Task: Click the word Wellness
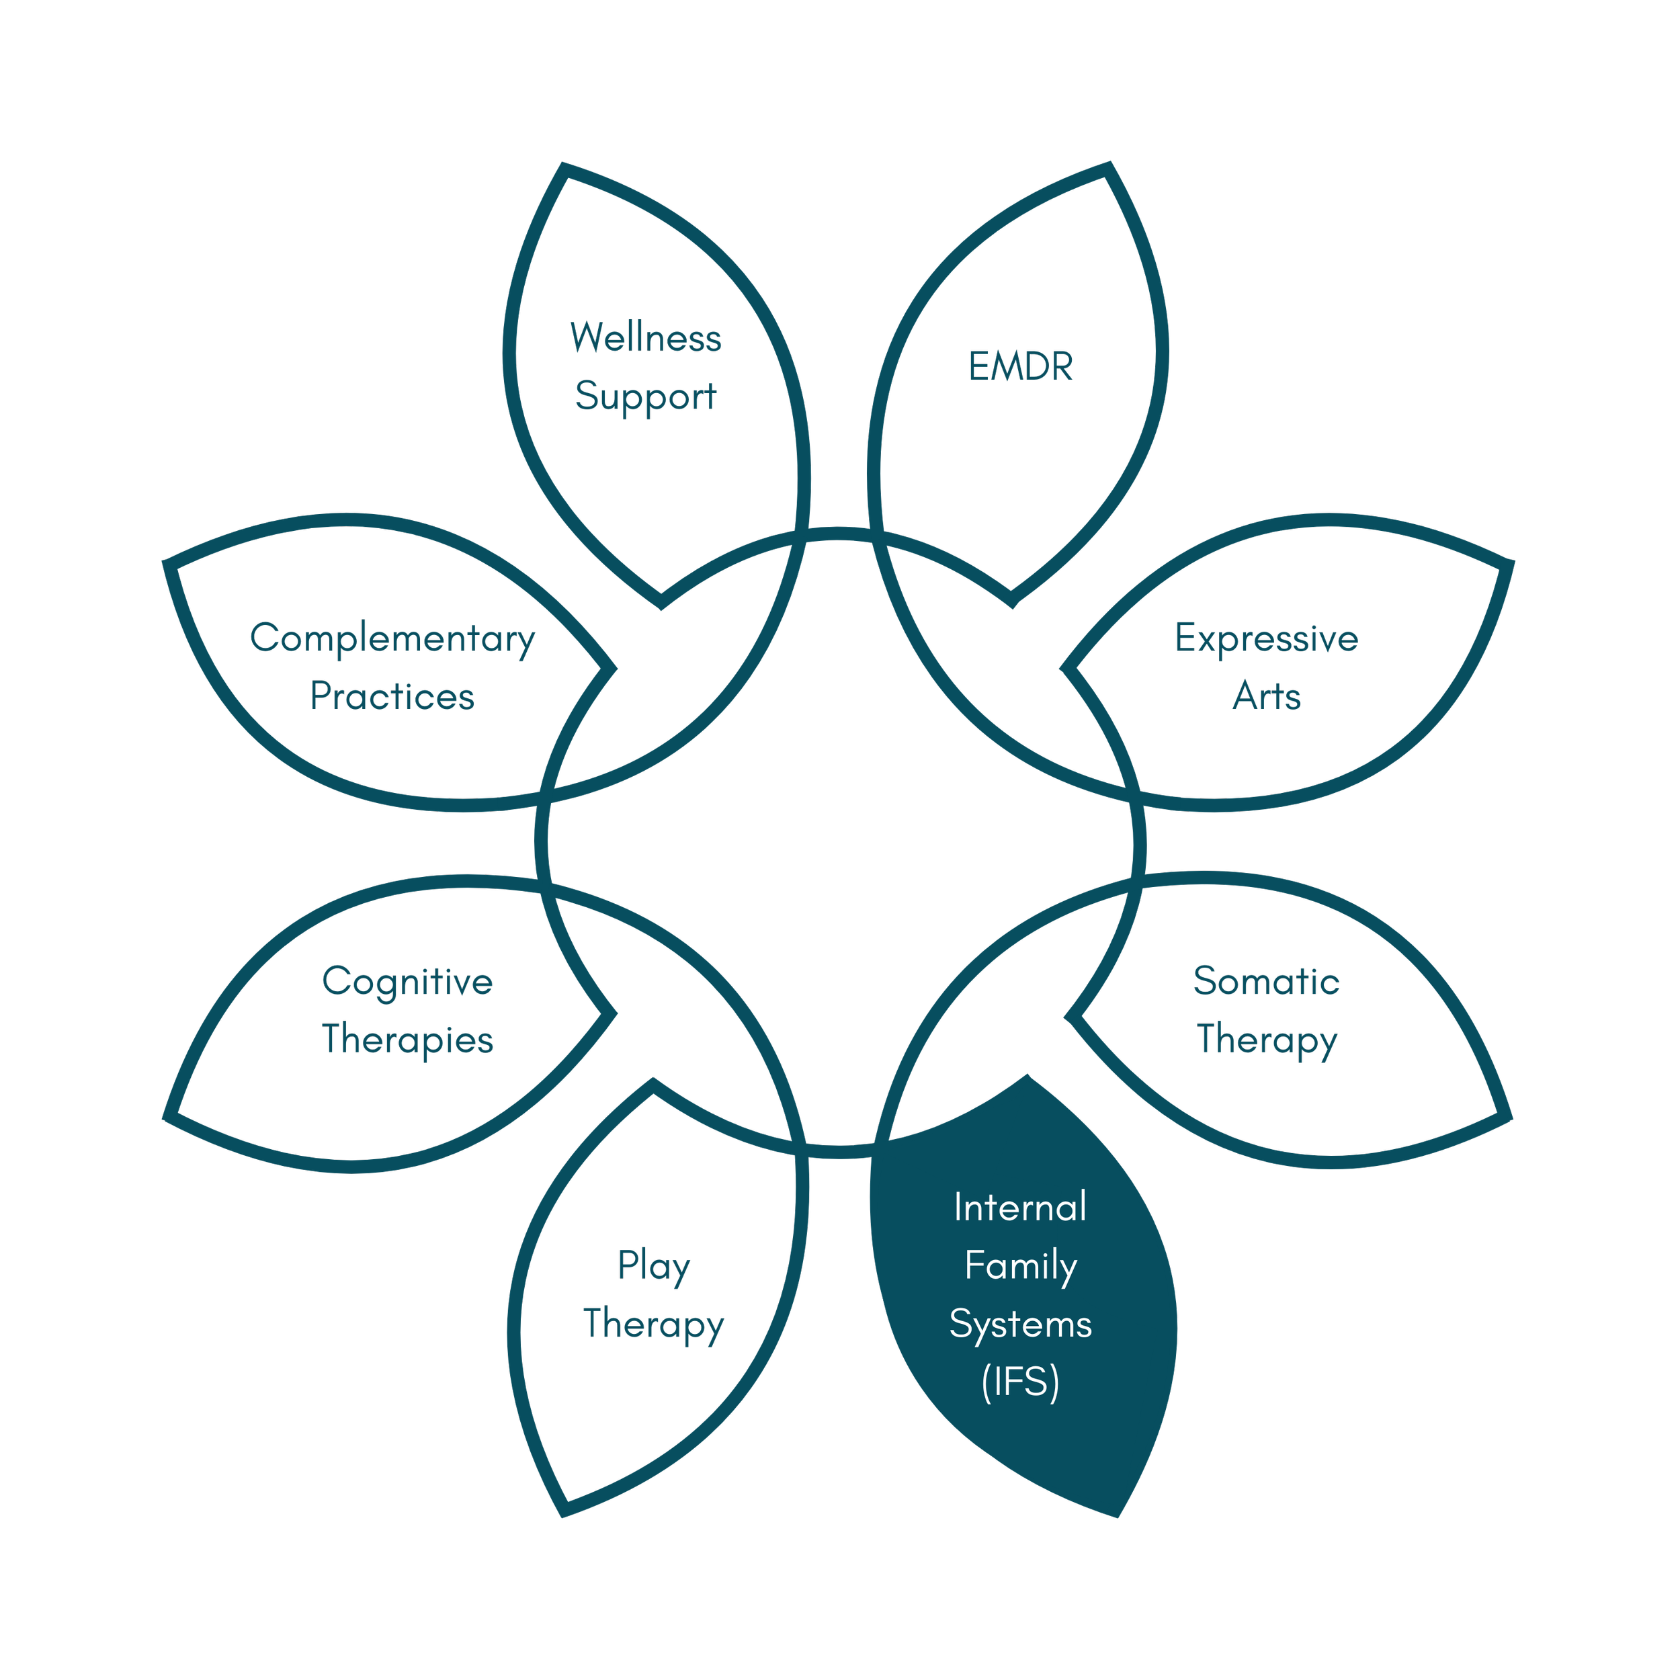645,337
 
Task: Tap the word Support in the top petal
645,396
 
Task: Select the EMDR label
1021,367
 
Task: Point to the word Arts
1266,696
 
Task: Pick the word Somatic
1266,981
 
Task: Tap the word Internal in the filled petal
1020,1207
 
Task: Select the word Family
1020,1266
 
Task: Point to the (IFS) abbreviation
1020,1382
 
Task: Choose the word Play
653,1266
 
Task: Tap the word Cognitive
407,981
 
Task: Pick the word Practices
392,696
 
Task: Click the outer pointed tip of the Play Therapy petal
564,1511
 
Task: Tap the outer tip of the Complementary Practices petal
169,564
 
